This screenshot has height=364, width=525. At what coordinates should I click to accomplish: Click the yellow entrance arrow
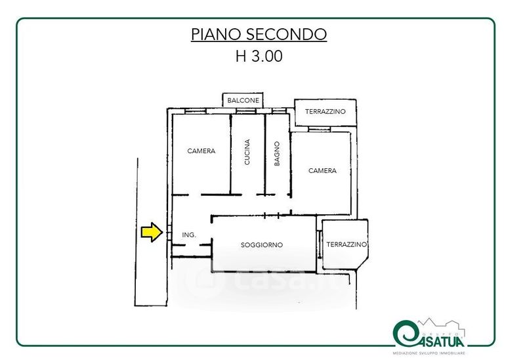(x=152, y=232)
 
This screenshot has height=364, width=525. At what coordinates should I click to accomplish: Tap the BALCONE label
(x=243, y=101)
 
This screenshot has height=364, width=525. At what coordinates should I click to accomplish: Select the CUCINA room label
(x=247, y=152)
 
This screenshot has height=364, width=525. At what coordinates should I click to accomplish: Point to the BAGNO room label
(x=277, y=154)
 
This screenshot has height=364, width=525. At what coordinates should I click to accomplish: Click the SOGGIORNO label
(x=262, y=245)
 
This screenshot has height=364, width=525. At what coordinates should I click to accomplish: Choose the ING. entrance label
(x=189, y=235)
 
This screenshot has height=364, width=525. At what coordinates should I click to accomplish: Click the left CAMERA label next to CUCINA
(x=201, y=151)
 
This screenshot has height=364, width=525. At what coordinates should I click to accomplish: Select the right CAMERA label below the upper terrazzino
(x=322, y=171)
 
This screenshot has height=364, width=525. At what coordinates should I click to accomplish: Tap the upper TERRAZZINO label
(x=325, y=112)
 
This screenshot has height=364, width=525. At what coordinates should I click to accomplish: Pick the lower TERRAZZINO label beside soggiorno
(x=346, y=244)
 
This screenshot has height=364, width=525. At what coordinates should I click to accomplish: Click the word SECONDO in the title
(x=287, y=34)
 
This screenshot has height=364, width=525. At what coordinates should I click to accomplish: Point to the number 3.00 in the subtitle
(x=267, y=57)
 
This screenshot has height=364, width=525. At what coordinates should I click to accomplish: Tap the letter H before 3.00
(x=241, y=57)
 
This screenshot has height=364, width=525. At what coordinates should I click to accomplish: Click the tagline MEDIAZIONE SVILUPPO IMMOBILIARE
(x=429, y=353)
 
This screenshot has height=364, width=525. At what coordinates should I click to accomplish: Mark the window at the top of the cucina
(x=246, y=111)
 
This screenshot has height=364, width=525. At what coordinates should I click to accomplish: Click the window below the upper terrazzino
(x=320, y=129)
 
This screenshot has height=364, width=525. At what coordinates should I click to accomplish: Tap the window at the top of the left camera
(x=196, y=111)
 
